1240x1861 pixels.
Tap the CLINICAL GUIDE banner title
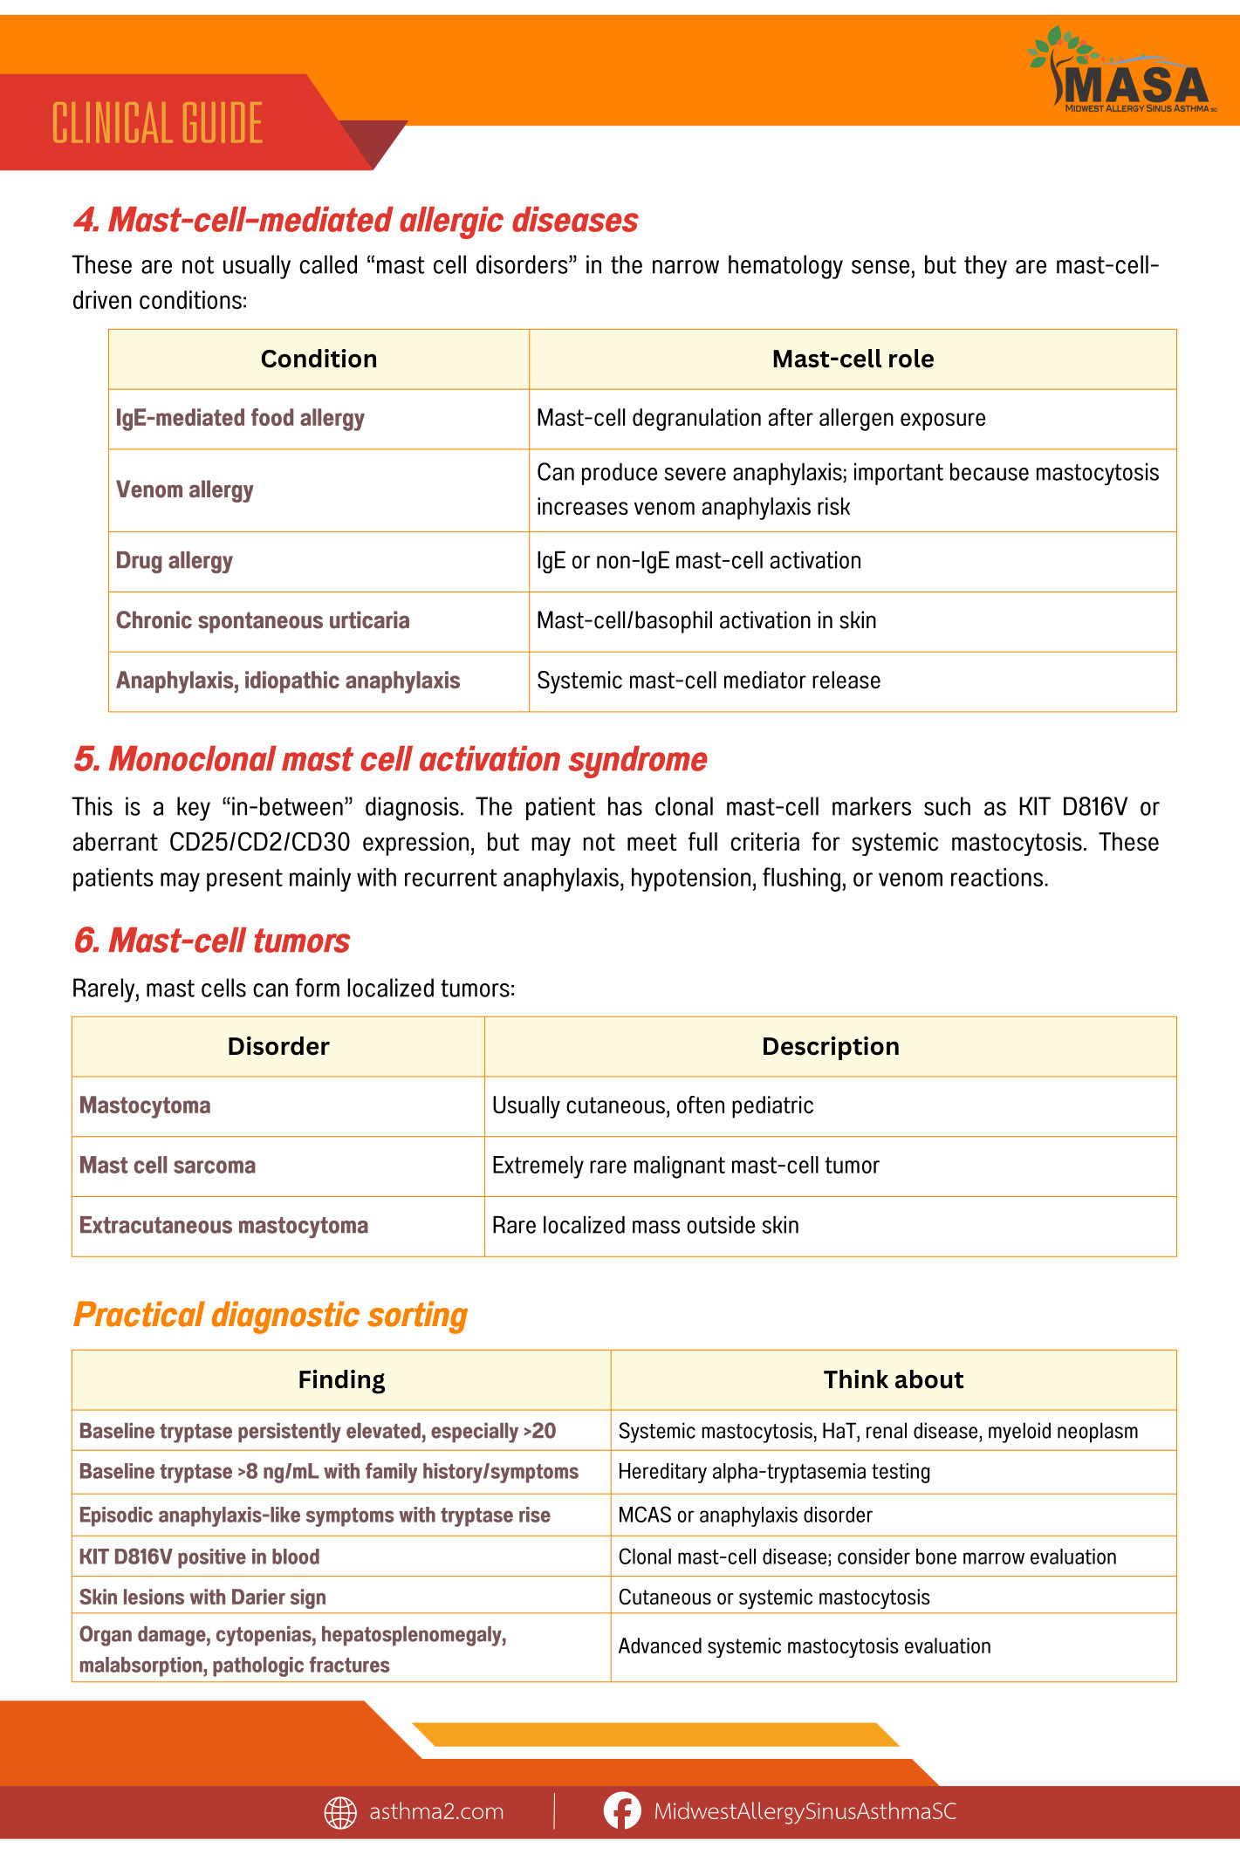[157, 123]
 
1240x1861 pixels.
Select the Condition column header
[319, 359]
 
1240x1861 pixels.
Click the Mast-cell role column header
[853, 359]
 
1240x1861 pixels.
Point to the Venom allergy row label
[185, 490]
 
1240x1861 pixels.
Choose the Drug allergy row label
[175, 561]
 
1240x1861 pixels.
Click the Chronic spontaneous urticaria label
[263, 621]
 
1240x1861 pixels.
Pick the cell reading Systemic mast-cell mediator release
[709, 681]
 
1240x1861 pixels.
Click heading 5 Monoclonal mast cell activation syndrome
[390, 760]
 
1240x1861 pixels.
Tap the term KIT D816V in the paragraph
[1072, 807]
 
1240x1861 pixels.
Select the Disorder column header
[278, 1047]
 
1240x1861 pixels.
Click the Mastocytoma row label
[145, 1106]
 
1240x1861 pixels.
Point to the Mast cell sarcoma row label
[168, 1167]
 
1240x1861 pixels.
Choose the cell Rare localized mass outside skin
[646, 1226]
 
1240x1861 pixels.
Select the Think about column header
[894, 1380]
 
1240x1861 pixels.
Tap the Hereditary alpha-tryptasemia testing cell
[774, 1473]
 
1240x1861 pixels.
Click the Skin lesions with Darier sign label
[202, 1598]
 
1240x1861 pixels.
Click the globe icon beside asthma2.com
[340, 1812]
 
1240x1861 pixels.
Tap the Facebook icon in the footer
[622, 1811]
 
